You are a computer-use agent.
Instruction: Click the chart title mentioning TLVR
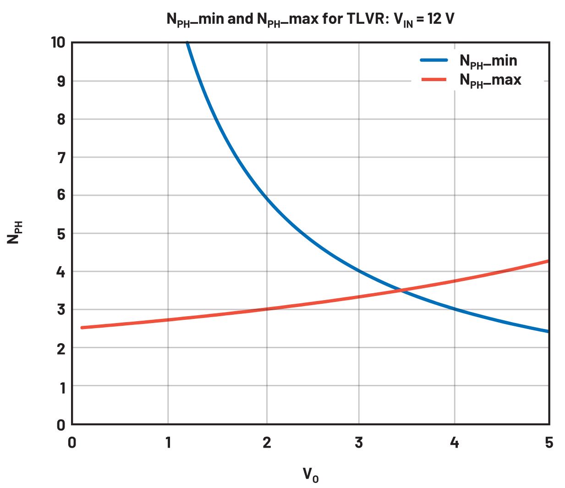click(x=310, y=19)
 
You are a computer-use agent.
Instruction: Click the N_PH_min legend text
click(x=488, y=61)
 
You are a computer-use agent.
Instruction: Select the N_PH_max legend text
click(x=490, y=80)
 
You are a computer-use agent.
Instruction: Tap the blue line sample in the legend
click(x=433, y=60)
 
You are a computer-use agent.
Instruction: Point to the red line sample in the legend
click(x=433, y=80)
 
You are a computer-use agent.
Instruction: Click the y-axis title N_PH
click(x=14, y=232)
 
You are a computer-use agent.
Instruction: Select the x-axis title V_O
click(x=310, y=475)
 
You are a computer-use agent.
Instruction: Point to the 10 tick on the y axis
click(x=58, y=43)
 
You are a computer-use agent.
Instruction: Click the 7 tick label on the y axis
click(x=60, y=158)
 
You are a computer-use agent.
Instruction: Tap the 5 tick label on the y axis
click(x=60, y=234)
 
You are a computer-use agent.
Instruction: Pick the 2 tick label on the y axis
click(x=60, y=349)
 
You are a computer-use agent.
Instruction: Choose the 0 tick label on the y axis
click(x=60, y=425)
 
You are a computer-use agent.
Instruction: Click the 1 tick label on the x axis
click(x=168, y=443)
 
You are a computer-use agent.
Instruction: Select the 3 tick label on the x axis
click(x=359, y=443)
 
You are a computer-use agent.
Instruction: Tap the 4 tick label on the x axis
click(x=454, y=443)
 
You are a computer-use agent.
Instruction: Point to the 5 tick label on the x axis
click(x=549, y=443)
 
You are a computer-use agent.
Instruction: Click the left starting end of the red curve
click(x=82, y=328)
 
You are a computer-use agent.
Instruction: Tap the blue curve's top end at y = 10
click(x=187, y=43)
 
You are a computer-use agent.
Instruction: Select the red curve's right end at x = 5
click(x=548, y=261)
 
